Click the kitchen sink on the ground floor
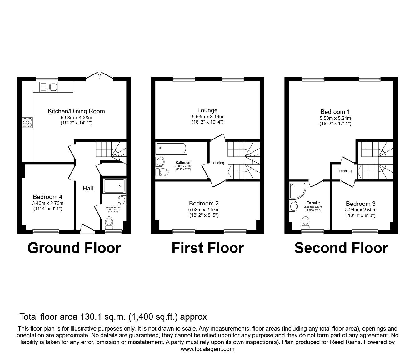(x=48, y=87)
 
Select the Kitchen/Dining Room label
(x=76, y=111)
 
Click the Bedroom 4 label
(x=47, y=197)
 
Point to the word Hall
(x=88, y=188)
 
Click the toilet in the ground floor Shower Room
(x=109, y=222)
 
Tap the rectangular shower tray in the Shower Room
(x=114, y=185)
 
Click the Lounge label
(x=207, y=110)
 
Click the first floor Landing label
(x=217, y=163)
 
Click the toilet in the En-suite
(x=306, y=223)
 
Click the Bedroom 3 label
(x=361, y=204)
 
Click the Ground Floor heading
(x=74, y=248)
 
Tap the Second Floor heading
(x=341, y=248)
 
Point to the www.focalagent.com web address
(x=207, y=349)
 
